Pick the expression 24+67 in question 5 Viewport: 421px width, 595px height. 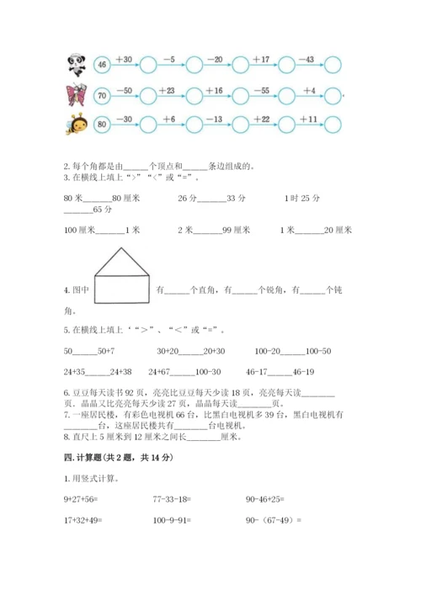pos(161,369)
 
